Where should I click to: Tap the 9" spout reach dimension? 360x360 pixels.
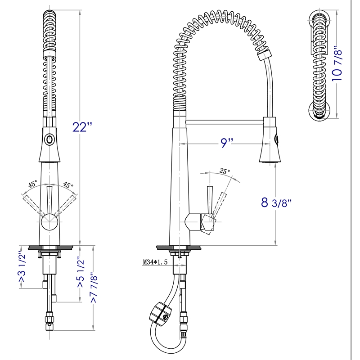coord(226,143)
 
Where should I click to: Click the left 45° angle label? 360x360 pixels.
coord(33,184)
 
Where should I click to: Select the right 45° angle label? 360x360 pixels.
coord(68,184)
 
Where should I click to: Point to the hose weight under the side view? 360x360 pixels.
coord(160,314)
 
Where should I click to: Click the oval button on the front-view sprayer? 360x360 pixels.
coord(49,139)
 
